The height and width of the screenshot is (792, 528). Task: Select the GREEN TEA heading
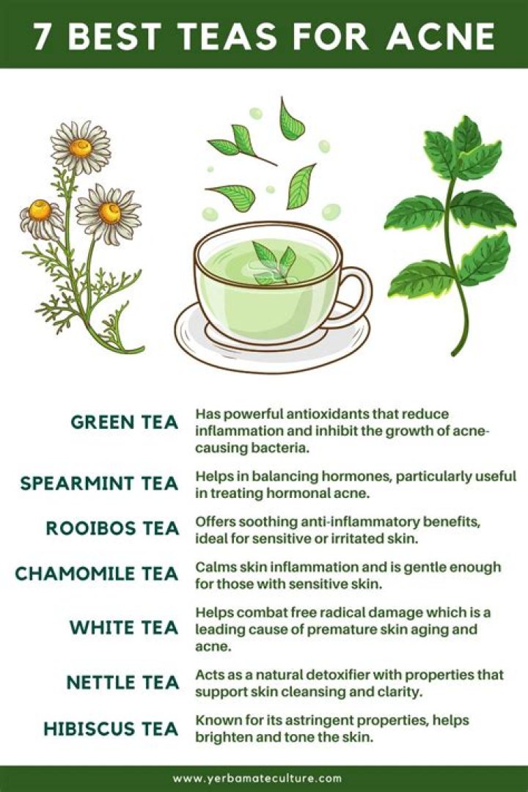[124, 422]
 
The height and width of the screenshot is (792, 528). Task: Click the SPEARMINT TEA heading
[99, 483]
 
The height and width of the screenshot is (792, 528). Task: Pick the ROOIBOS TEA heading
[113, 528]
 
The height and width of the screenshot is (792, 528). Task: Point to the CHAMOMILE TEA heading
[97, 573]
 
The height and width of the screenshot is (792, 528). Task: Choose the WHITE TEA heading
[124, 627]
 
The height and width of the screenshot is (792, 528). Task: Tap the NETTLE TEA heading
[122, 683]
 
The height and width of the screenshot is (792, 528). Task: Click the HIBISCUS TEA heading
[111, 729]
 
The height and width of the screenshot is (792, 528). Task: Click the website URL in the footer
[257, 778]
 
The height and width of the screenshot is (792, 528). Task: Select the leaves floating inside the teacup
[273, 263]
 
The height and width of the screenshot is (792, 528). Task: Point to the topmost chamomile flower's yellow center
[81, 147]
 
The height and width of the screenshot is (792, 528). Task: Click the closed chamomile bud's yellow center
[40, 210]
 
